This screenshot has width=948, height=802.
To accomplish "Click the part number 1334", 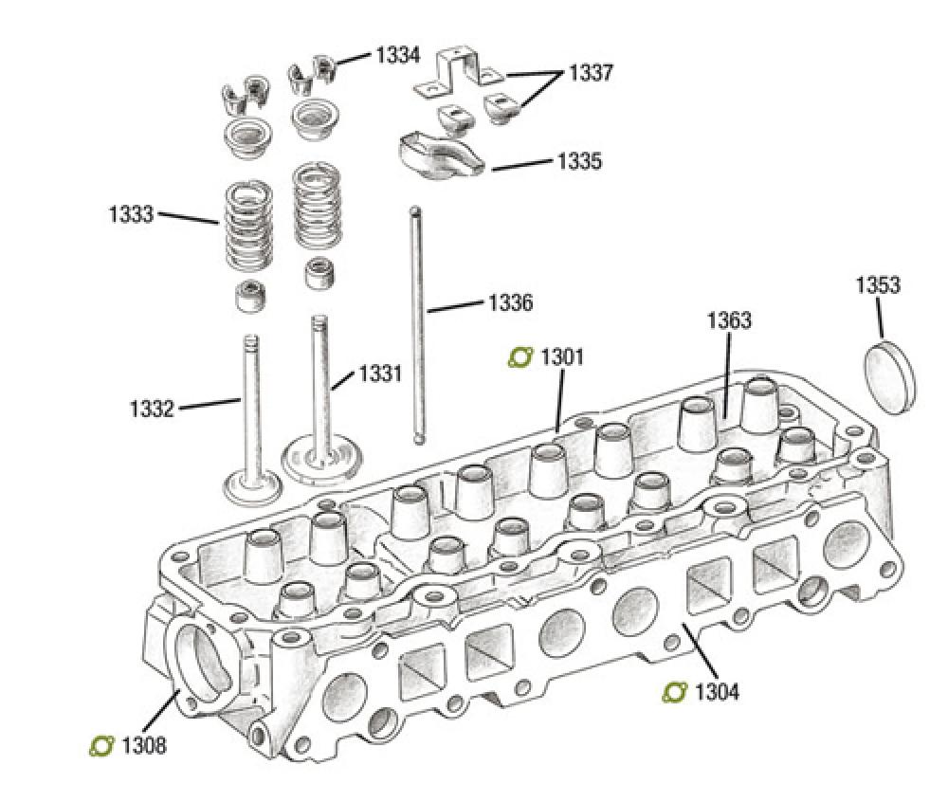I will pos(398,55).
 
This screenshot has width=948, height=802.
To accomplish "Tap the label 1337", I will pos(590,73).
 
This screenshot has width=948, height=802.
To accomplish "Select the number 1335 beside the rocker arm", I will pos(578,161).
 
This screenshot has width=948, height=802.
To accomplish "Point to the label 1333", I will pos(131,214).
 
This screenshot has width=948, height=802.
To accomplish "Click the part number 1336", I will pos(510,303).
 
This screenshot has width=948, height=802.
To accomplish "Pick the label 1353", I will pos(878,285).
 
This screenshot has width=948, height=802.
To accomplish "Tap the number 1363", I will pos(729,320).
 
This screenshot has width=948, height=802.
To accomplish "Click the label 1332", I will pos(152,410).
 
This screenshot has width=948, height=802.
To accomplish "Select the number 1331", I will pos(380,374).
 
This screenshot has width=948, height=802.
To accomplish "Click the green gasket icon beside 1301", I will pos(520,357).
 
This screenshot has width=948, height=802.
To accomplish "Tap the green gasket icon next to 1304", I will pos(674,692).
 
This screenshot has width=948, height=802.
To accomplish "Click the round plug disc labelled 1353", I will pos(892,378).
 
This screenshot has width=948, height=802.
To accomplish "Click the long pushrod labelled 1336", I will pos(417,322).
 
